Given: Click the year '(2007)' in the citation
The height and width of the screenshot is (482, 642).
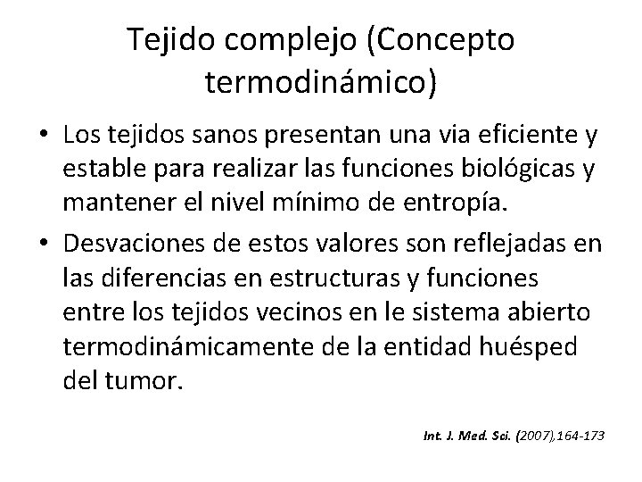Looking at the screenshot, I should coord(506,436).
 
